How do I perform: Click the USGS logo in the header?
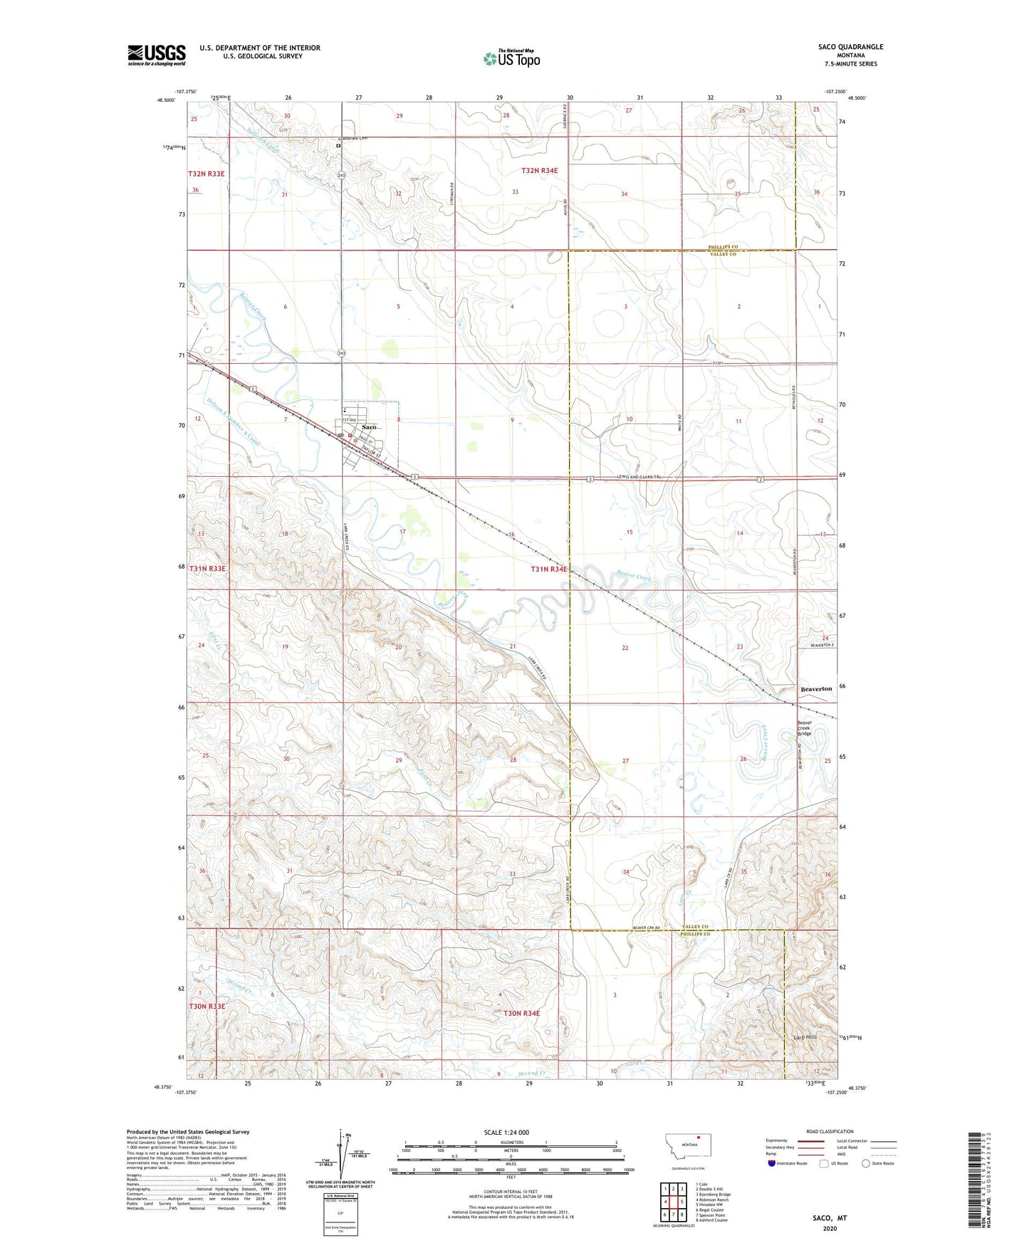[156, 54]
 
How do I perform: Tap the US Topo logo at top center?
[511, 58]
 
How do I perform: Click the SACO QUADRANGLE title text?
[850, 47]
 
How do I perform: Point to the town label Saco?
[369, 427]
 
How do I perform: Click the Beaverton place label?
[816, 689]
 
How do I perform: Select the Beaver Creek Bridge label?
[804, 728]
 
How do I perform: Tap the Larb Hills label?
[805, 1037]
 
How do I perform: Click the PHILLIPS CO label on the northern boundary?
[723, 246]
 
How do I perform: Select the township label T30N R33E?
[207, 1006]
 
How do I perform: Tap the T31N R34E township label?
[549, 569]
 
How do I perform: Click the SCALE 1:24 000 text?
[506, 1132]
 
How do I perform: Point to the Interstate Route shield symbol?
[773, 1163]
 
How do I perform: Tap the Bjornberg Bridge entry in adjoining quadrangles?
[713, 1195]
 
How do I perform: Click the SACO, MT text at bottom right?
[830, 1218]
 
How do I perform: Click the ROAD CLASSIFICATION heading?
[830, 1131]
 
